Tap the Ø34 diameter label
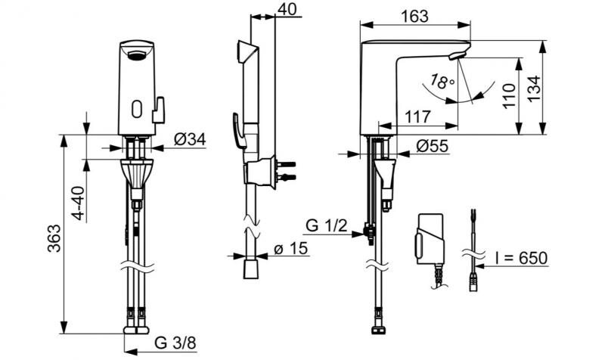tap(190, 139)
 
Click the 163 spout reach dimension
tap(414, 16)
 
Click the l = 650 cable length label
tap(520, 259)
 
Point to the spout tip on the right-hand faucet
tap(458, 56)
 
